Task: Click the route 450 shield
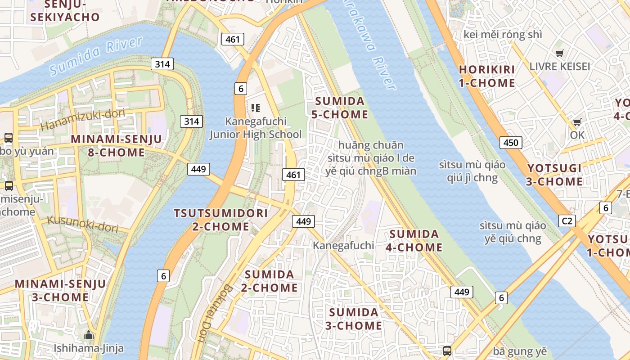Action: (511, 143)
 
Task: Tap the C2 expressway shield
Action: (567, 221)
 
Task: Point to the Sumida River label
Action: (96, 56)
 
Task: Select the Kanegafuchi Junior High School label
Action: (256, 128)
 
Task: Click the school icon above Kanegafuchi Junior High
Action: (256, 108)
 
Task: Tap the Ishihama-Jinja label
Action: (89, 348)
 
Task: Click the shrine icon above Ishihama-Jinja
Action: (89, 335)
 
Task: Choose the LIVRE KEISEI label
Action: (559, 67)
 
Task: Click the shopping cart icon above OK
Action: (577, 122)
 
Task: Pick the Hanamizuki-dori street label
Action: (83, 119)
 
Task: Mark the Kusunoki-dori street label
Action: (83, 224)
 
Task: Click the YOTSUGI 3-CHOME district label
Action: (555, 175)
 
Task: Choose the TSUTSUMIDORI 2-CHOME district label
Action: (220, 220)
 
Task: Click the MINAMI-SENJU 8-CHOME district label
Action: (116, 146)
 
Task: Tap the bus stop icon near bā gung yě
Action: (447, 351)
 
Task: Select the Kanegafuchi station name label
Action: (343, 245)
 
